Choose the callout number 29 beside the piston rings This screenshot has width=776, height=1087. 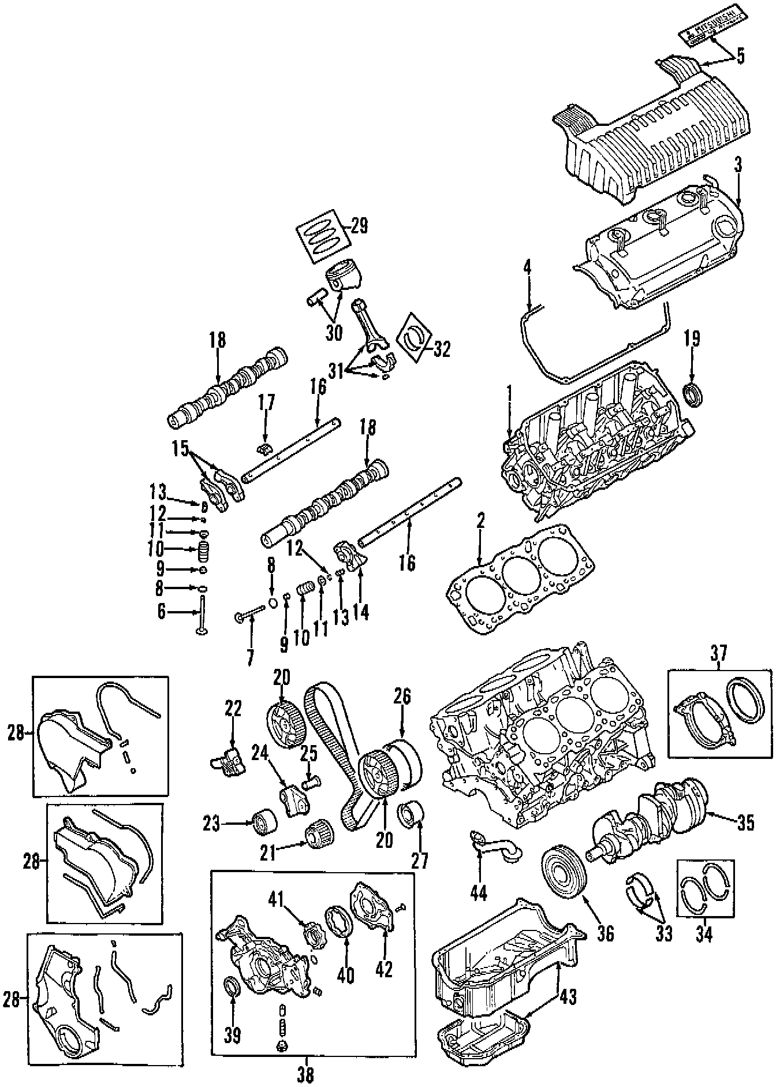359,226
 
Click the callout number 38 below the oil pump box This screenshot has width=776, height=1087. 306,1074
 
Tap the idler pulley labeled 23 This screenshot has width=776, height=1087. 263,822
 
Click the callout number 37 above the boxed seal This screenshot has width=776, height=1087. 719,654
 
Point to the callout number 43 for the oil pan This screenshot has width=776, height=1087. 568,997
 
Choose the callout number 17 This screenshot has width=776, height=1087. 266,403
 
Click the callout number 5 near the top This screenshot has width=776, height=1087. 740,56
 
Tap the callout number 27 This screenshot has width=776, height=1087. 419,860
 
